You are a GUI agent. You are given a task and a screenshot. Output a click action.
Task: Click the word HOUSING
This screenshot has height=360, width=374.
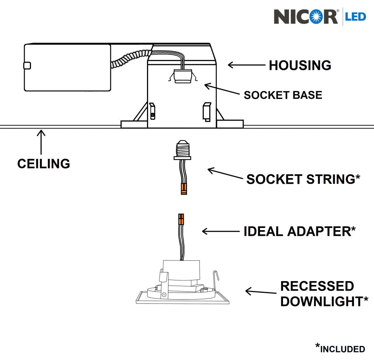pos(300,65)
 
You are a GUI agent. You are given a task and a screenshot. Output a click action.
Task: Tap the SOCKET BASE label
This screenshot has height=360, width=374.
pos(283,95)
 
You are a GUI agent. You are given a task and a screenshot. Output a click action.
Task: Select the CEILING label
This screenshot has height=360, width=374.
pos(43,164)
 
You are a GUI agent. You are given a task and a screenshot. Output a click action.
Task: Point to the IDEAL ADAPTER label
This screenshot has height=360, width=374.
pos(299,231)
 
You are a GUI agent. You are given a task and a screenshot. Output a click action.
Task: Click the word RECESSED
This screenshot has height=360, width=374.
pos(317,286)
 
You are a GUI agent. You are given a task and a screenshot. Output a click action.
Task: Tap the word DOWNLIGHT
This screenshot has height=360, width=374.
pos(321,302)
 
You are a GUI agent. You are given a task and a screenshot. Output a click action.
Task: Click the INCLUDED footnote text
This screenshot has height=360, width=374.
pos(342,349)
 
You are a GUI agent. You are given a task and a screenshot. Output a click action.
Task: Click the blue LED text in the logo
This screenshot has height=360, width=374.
pos(355,17)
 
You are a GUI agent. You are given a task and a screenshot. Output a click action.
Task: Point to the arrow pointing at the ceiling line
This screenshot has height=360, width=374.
pos(41,142)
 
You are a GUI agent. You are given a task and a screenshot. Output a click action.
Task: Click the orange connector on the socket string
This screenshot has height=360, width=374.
pos(184,188)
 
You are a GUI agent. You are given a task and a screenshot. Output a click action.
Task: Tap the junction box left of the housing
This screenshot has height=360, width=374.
pos(67,67)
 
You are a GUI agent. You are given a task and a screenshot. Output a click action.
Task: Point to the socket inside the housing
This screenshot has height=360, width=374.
pos(182,76)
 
